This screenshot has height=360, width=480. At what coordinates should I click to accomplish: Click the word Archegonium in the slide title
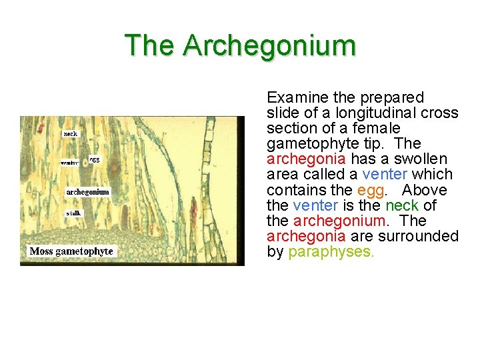(x=269, y=45)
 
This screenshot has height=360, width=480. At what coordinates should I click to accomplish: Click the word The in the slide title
(x=151, y=45)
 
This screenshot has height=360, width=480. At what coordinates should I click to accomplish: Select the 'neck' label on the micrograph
(x=71, y=133)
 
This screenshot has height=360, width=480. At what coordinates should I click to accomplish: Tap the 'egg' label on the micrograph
(x=95, y=160)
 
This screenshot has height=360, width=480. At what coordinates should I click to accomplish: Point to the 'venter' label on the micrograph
(x=69, y=163)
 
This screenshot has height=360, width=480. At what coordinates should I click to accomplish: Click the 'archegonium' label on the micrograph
(x=87, y=192)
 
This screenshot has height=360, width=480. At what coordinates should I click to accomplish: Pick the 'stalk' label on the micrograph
(x=74, y=213)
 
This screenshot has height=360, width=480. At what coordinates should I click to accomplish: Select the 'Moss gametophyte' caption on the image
(x=72, y=251)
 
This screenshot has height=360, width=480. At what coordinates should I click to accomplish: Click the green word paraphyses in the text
(x=331, y=252)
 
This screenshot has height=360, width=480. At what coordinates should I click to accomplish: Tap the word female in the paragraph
(x=377, y=129)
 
